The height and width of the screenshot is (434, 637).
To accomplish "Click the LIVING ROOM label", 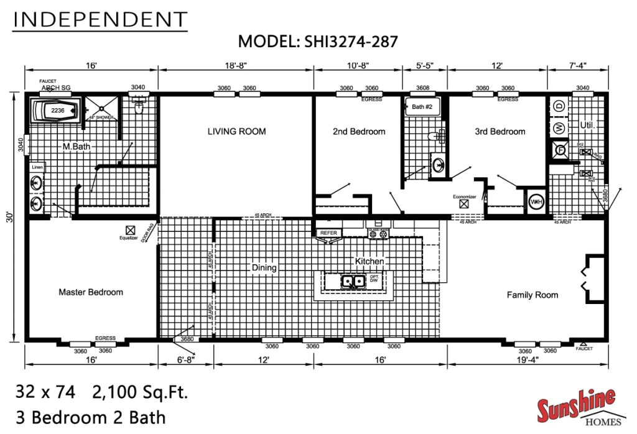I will click(x=236, y=131).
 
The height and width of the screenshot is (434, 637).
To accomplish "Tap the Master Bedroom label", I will click(x=91, y=292).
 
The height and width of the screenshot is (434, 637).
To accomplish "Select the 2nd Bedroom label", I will click(x=359, y=131).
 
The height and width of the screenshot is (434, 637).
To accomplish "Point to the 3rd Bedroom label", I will click(x=500, y=131).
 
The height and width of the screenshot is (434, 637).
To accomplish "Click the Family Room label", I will click(x=532, y=295).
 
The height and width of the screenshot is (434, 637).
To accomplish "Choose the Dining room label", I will click(x=264, y=268).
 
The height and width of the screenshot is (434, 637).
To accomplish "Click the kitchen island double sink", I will click(x=352, y=282).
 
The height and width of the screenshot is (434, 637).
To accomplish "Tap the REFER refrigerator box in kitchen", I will click(x=328, y=233).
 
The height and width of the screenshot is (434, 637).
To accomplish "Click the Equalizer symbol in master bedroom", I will click(x=130, y=229).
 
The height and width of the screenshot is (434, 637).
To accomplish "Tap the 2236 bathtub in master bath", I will click(x=57, y=111).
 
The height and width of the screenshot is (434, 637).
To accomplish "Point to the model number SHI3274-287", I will click(x=350, y=42).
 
